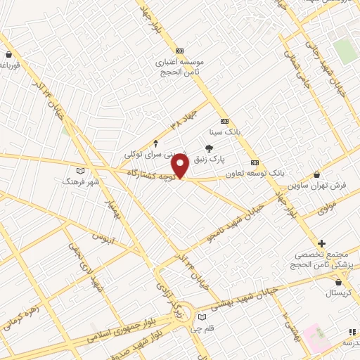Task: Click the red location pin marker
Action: [180, 166]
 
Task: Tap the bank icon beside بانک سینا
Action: [224, 121]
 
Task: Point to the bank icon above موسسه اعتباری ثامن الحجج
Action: [179, 51]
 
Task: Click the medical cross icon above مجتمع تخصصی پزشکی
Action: [323, 243]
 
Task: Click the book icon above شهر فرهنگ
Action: [79, 171]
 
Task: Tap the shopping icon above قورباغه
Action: [8, 55]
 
